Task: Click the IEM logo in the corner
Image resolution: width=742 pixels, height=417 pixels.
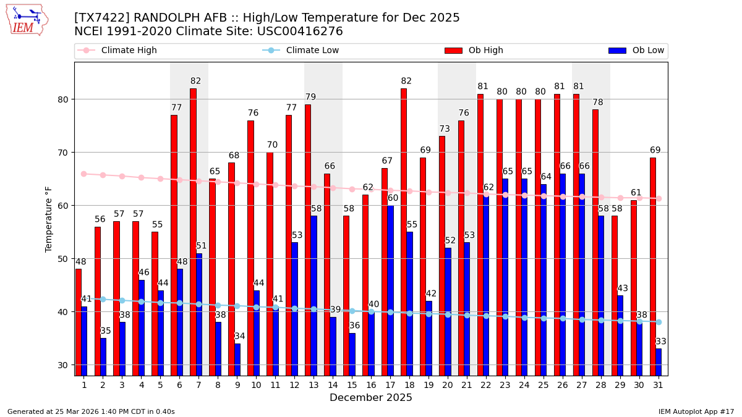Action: (27, 20)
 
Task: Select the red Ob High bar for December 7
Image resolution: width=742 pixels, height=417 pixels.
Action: (193, 232)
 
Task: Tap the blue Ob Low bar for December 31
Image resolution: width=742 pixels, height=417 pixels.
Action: (659, 362)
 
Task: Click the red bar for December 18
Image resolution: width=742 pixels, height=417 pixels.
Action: (404, 232)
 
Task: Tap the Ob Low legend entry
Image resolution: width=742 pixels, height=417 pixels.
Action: (636, 51)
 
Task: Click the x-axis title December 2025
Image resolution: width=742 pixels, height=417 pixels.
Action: (371, 398)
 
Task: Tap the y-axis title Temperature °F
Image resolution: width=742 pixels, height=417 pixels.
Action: (49, 219)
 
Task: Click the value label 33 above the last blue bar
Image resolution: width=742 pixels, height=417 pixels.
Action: (661, 342)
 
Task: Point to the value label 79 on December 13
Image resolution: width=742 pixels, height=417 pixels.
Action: (310, 97)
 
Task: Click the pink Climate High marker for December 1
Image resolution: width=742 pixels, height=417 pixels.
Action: (84, 174)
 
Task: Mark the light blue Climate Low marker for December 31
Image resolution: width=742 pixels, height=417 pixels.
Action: (659, 322)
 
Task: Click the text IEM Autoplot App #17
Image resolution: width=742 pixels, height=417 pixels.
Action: (696, 411)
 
